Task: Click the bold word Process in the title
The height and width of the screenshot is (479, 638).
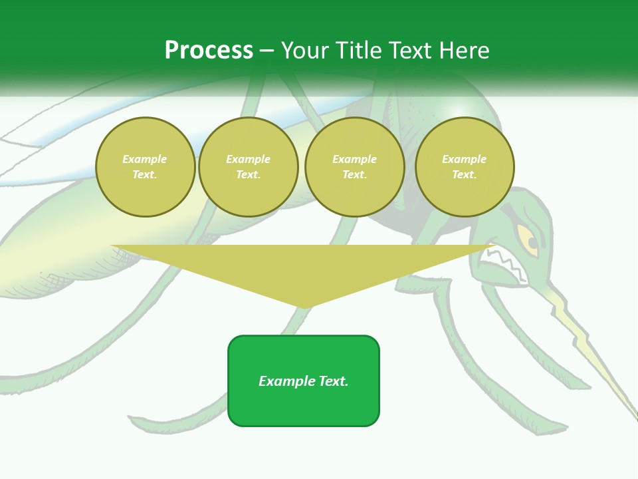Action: click(x=209, y=51)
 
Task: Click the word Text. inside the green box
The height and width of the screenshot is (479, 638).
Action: click(x=334, y=381)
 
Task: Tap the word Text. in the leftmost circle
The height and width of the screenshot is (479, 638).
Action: click(x=145, y=174)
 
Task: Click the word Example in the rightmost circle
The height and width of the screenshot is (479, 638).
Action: click(x=465, y=159)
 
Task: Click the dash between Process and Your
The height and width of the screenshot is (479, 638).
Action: click(x=266, y=51)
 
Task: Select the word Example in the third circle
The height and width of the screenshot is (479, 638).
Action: click(x=354, y=159)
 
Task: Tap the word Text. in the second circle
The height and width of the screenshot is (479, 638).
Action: click(x=249, y=174)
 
